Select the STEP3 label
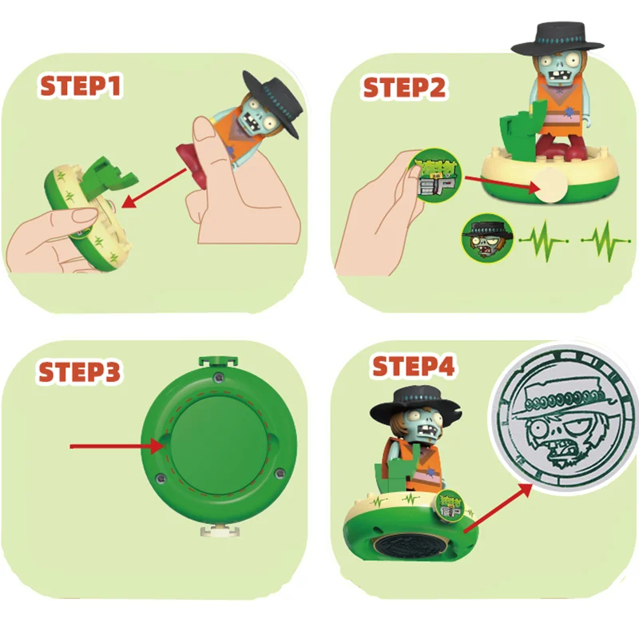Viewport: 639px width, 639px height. tap(80, 372)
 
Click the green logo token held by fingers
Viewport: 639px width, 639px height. tap(431, 177)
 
